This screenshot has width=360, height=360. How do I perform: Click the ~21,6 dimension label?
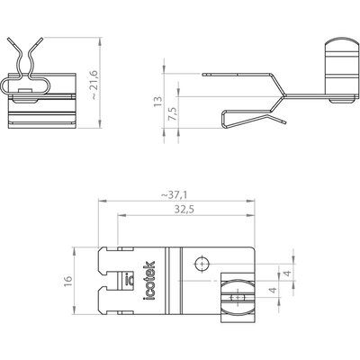point(94,85)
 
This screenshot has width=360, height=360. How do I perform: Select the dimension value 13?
point(157,101)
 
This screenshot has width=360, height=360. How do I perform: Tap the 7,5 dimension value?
point(173,113)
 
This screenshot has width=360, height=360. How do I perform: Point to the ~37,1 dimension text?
point(174,195)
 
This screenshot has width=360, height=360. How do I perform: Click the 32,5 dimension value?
point(184,210)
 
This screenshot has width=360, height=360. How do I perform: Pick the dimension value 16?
point(68,281)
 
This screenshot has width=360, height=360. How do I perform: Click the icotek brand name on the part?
point(149,281)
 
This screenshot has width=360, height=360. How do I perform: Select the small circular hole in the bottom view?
point(202,265)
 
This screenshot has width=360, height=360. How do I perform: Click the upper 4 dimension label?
point(287,274)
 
